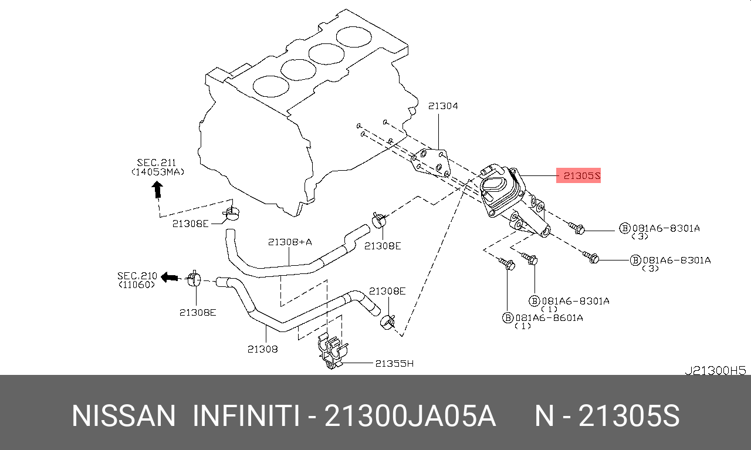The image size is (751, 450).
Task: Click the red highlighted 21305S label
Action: [578, 175]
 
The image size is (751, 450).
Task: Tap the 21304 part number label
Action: [443, 106]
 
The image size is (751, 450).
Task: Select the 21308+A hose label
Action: [290, 242]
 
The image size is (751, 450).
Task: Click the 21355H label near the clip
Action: [394, 363]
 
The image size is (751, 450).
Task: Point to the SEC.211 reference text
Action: [157, 162]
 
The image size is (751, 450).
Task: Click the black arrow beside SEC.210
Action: [170, 276]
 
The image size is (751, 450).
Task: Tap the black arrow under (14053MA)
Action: [157, 189]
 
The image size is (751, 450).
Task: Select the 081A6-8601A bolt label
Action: [549, 317]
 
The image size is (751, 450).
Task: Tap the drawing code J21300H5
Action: [715, 371]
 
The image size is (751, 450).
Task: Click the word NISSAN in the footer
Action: [123, 416]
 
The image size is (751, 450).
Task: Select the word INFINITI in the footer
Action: [246, 416]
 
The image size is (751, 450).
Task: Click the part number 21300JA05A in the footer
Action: [410, 416]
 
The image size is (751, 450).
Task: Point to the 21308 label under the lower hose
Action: [262, 349]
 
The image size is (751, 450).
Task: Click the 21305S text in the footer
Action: [629, 416]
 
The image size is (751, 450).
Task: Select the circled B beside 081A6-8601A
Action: [508, 317]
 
